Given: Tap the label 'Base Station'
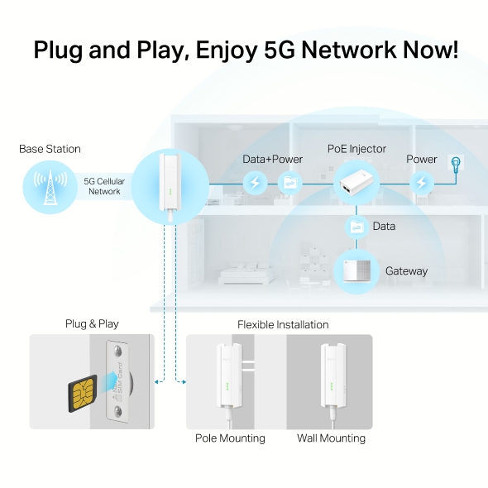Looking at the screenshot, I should coord(50,149).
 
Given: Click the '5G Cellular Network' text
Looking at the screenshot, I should coord(104,186).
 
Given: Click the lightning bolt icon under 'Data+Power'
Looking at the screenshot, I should coord(256,181).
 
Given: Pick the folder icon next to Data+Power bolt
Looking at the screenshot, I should coord(290,181).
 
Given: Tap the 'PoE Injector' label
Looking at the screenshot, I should coord(356,149).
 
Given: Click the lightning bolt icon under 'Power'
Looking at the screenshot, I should coord(422,181).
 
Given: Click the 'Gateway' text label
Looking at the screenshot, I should coord(406,271).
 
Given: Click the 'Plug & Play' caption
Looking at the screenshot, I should coord(92,324).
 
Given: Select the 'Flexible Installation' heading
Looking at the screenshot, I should coord(283,324).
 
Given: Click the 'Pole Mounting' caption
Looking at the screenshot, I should coord(230,438).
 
